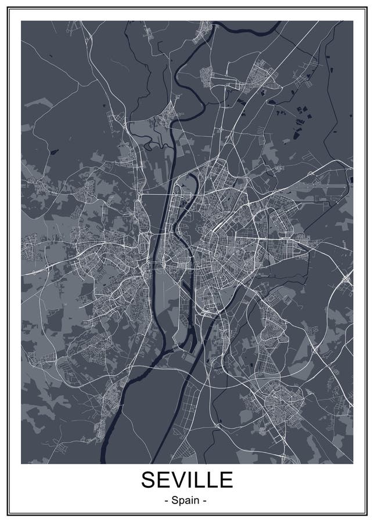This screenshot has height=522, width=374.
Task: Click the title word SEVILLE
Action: pos(186,480)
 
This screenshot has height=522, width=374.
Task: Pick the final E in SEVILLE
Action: pos(226,480)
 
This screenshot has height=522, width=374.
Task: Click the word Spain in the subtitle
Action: pos(186,500)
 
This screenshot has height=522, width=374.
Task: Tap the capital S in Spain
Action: pos(175,500)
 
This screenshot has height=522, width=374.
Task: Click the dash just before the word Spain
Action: pos(166,501)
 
